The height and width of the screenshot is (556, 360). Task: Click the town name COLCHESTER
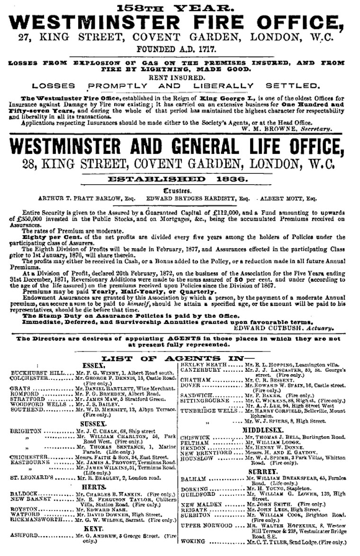(x=28, y=378)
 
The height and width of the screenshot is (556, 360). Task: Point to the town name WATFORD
(x=25, y=514)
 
